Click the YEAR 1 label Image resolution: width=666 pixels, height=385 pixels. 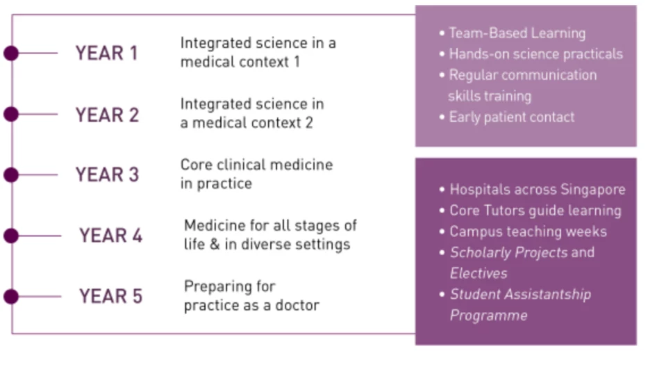click(107, 53)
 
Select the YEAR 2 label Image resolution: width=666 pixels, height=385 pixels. click(107, 115)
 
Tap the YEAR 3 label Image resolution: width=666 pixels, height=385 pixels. click(107, 174)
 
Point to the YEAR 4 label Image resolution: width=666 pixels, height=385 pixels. click(110, 236)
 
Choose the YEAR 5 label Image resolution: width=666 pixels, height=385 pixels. click(110, 296)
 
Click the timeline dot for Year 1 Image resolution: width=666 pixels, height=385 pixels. click(11, 53)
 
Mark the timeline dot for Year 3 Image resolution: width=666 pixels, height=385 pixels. click(11, 174)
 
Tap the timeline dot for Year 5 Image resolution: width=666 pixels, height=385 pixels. click(11, 296)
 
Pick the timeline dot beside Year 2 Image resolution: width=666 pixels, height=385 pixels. click(11, 114)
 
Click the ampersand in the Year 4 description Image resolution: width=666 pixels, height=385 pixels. click(215, 245)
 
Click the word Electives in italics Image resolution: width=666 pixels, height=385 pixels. click(478, 273)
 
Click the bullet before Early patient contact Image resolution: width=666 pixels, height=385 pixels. click(442, 117)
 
